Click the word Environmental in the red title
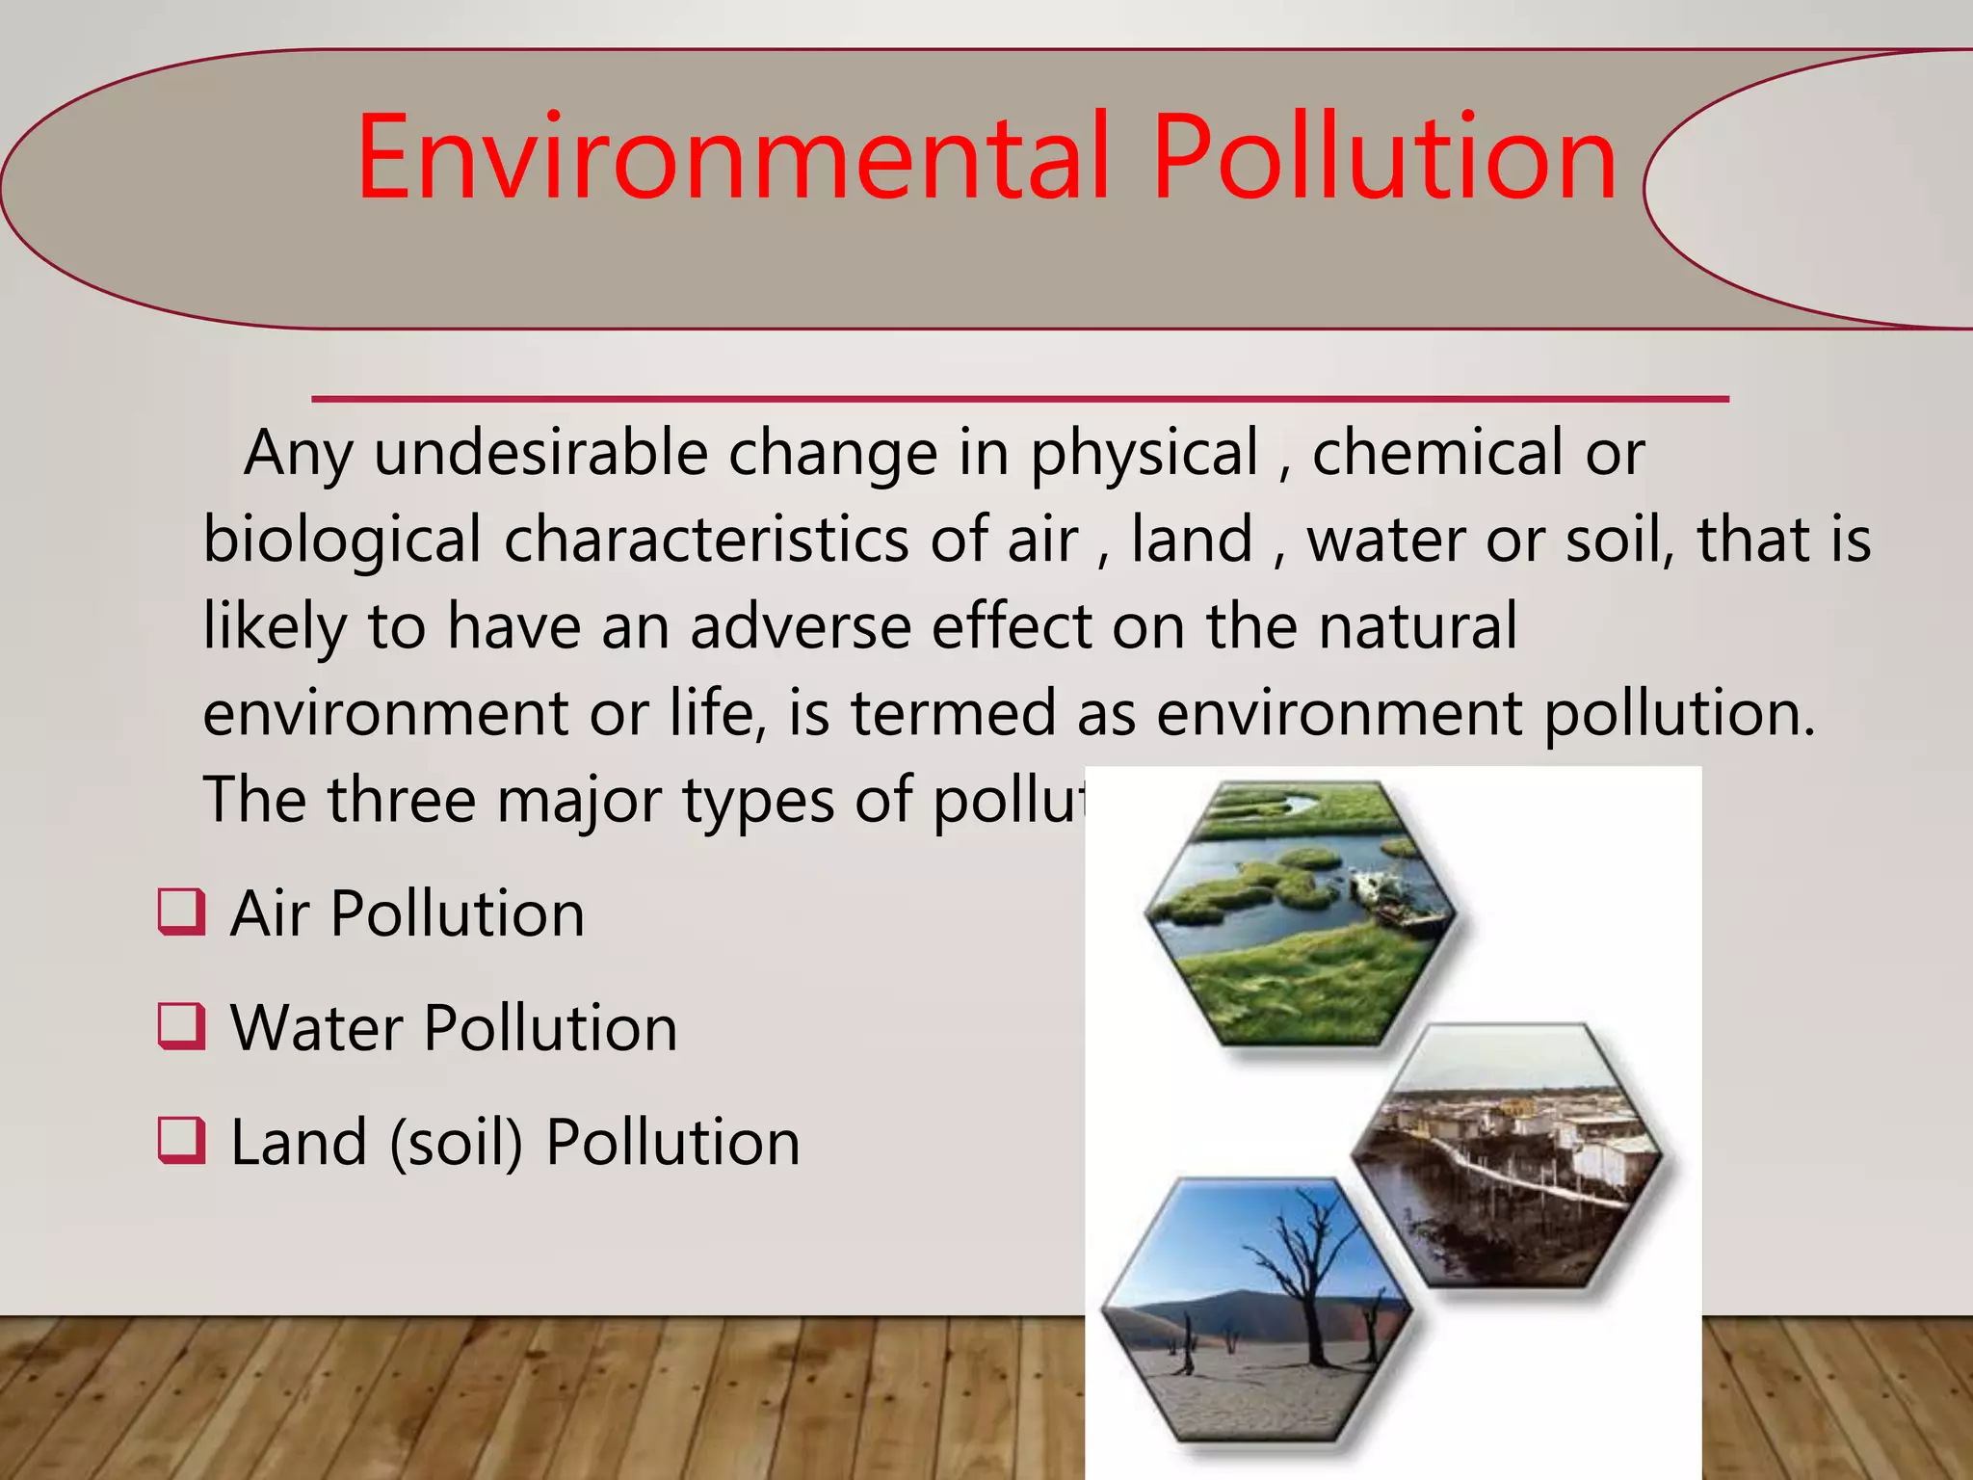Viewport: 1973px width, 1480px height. [732, 159]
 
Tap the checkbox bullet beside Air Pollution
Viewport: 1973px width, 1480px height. [182, 912]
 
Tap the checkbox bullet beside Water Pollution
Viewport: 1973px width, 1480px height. [182, 1026]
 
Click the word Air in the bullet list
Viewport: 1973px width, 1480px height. [270, 913]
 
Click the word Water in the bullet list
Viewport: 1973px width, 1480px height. [316, 1027]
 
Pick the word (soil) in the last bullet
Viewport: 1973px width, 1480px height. [456, 1143]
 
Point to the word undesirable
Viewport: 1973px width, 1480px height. [540, 453]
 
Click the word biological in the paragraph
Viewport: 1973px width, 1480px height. [342, 542]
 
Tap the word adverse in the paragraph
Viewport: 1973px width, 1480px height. [800, 627]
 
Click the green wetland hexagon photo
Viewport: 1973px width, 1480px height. [1301, 915]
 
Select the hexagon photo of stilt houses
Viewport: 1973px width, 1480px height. [1508, 1156]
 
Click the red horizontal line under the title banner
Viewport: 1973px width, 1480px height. [1019, 398]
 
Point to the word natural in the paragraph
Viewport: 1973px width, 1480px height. [1417, 627]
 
